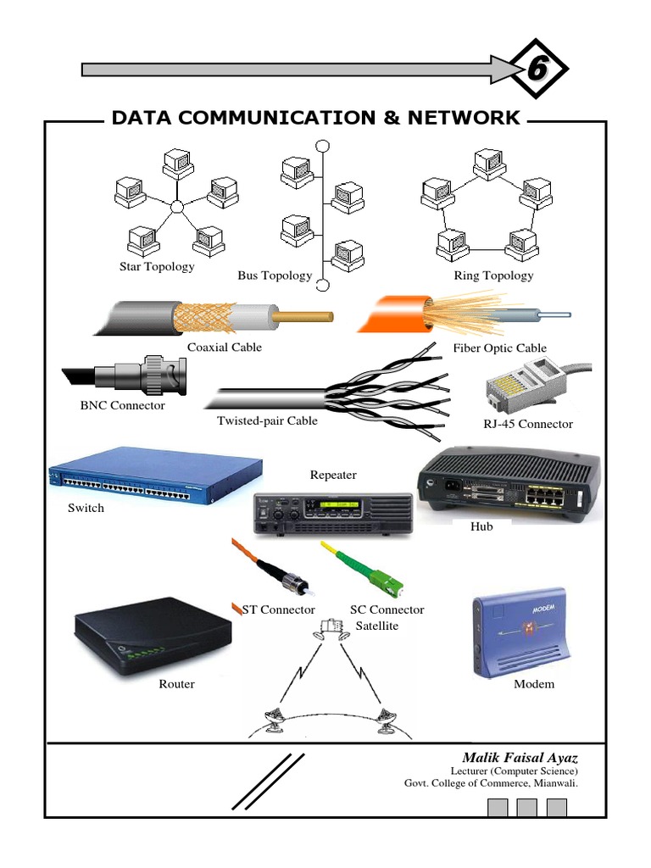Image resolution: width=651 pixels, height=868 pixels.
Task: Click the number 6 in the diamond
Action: tap(536, 70)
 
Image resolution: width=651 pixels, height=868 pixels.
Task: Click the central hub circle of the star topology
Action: tap(176, 207)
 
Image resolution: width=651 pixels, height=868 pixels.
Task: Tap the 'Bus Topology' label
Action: tap(275, 276)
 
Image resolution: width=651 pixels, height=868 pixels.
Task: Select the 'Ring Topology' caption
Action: tap(494, 275)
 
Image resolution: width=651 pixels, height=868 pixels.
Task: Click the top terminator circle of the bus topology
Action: tap(322, 146)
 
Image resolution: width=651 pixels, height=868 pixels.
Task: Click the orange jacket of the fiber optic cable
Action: tap(392, 318)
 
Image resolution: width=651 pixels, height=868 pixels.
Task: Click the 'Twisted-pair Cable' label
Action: tap(267, 420)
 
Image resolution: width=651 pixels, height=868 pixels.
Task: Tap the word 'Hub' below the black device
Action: tap(481, 526)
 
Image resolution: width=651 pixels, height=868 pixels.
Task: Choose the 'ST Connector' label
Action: tap(279, 609)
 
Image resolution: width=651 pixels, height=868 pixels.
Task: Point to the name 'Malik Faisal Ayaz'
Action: tap(520, 756)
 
